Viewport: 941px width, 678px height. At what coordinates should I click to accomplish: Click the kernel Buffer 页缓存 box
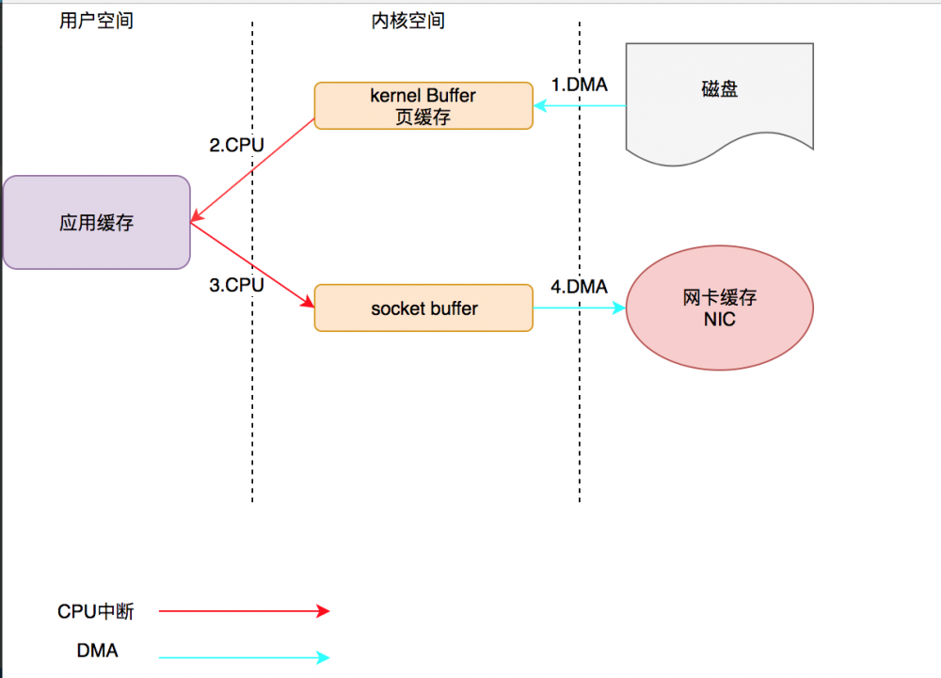click(423, 106)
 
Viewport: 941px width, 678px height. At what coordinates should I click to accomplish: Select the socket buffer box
click(423, 308)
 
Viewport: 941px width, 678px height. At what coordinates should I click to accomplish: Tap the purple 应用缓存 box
click(96, 223)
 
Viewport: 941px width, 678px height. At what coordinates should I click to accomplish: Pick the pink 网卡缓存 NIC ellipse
click(719, 308)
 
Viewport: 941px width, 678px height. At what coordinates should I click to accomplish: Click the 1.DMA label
click(579, 85)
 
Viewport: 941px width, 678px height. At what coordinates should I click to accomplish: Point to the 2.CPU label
click(236, 146)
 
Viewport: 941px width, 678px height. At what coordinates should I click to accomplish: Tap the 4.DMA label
click(579, 287)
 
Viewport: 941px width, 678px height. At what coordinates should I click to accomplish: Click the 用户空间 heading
click(96, 21)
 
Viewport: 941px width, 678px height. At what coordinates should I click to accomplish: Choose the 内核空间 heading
click(408, 21)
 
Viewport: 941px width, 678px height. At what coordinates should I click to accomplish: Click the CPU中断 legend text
click(96, 612)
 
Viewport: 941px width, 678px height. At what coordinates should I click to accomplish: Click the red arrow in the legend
click(245, 611)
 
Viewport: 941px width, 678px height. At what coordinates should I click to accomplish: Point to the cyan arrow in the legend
click(245, 657)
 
